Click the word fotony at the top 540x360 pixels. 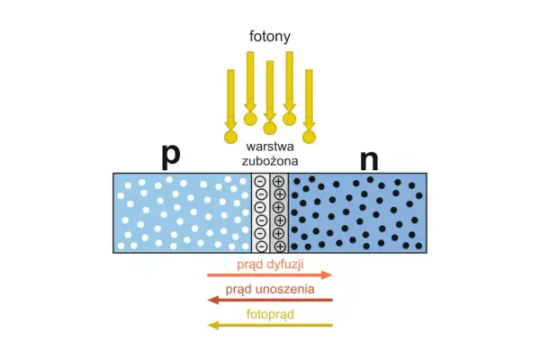(270, 37)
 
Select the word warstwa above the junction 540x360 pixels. (270, 147)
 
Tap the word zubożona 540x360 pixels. (270, 161)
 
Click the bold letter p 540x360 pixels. (171, 156)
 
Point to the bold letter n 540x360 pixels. (369, 160)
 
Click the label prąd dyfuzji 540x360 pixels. (270, 265)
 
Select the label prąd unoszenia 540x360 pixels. (270, 289)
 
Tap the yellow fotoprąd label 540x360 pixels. (270, 314)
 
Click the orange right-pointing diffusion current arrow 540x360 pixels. (270, 274)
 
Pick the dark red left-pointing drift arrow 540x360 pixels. (270, 300)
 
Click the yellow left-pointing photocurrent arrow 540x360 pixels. (270, 325)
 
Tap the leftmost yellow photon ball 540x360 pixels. (230, 137)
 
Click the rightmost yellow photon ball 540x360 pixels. (309, 137)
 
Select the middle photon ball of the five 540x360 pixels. (270, 128)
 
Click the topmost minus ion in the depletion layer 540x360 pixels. (261, 181)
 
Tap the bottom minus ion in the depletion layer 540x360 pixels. (262, 247)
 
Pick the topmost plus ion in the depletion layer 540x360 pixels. (278, 181)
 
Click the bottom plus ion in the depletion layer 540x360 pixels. (280, 247)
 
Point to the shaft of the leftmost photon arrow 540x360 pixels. (230, 95)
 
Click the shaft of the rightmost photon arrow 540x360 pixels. (309, 95)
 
